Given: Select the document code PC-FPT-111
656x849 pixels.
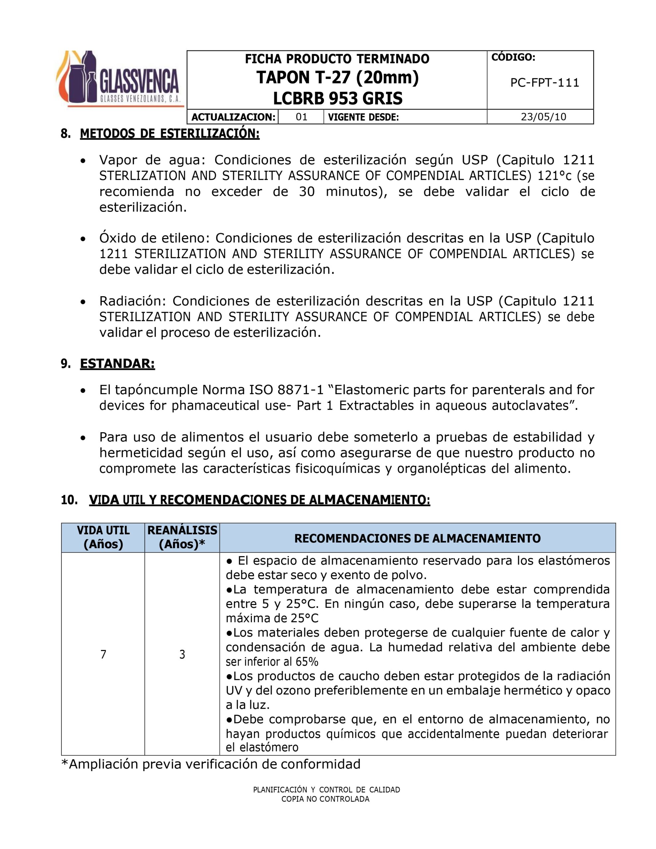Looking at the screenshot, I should (545, 83).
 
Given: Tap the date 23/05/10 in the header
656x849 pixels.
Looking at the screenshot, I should (543, 117).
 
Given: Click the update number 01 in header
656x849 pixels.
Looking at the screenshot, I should (302, 117).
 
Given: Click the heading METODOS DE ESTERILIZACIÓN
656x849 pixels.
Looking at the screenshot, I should (169, 134).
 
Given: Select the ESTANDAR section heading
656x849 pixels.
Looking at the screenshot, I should (117, 364).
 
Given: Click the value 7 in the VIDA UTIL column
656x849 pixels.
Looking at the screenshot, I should (103, 655).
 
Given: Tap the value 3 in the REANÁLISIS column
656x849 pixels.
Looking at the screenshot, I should (182, 655).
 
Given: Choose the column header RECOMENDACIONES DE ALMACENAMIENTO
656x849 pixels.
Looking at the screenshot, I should (417, 538).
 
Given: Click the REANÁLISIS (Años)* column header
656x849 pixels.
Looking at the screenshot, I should (182, 537).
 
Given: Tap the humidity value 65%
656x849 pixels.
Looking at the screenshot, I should (307, 662).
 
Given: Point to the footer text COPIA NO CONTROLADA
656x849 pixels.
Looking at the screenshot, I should (325, 799).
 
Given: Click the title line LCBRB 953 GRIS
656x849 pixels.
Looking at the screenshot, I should (337, 98).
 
